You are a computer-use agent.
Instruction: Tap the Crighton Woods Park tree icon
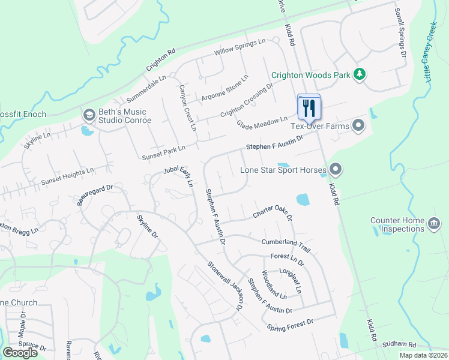pyautogui.click(x=360, y=74)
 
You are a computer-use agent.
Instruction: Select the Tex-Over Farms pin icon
pyautogui.click(x=359, y=125)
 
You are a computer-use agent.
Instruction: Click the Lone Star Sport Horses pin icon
pyautogui.click(x=336, y=170)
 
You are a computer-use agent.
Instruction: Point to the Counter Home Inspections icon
pyautogui.click(x=433, y=224)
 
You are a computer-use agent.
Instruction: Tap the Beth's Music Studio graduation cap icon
pyautogui.click(x=89, y=115)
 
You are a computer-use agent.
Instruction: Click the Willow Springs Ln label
pyautogui.click(x=240, y=46)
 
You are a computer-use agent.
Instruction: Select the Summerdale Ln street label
pyautogui.click(x=146, y=89)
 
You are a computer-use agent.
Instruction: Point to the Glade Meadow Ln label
pyautogui.click(x=262, y=122)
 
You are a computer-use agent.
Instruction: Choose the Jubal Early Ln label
pyautogui.click(x=178, y=178)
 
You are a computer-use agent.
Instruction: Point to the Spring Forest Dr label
pyautogui.click(x=291, y=325)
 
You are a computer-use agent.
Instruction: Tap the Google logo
pyautogui.click(x=20, y=353)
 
